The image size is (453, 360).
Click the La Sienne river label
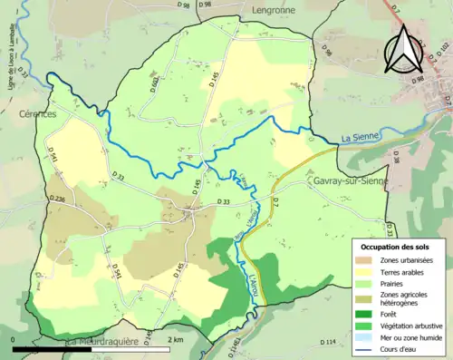[357, 138]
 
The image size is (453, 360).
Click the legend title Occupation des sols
[398, 247]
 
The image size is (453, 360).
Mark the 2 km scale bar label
[176, 339]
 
